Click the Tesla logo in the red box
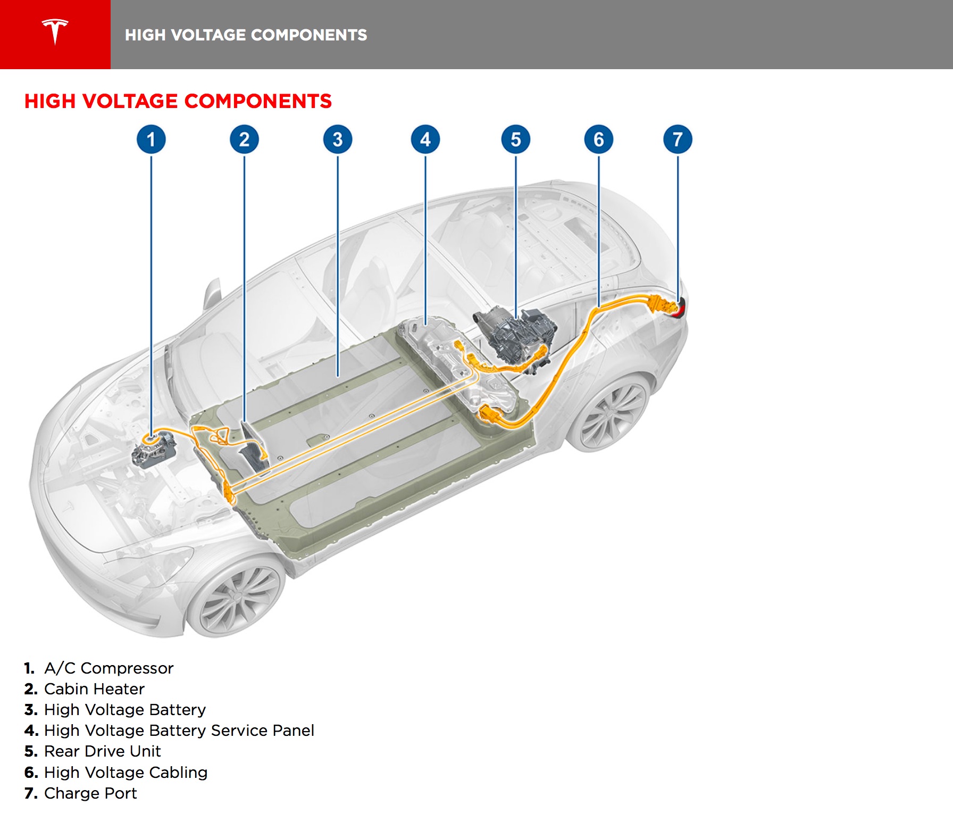click(x=55, y=32)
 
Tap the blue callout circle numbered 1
click(x=151, y=139)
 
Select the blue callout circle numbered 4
click(x=425, y=139)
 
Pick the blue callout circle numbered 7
click(x=678, y=139)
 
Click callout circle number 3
click(x=338, y=139)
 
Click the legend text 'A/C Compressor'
click(x=108, y=668)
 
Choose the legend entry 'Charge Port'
click(x=90, y=793)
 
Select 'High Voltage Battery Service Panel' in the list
click(x=179, y=731)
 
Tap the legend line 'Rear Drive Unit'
click(x=102, y=751)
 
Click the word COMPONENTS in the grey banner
click(x=308, y=35)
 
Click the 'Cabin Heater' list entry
click(x=94, y=689)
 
